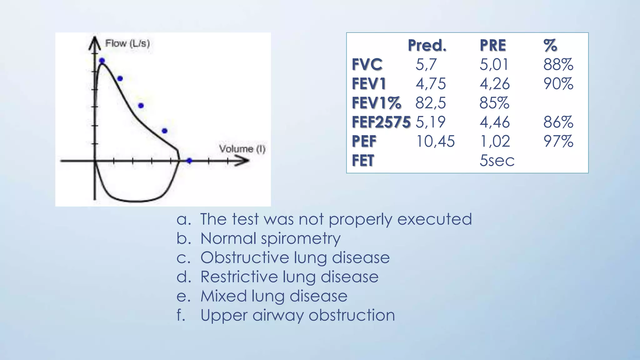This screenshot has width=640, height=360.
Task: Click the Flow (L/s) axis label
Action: [127, 43]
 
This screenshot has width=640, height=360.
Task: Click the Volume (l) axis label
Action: [242, 149]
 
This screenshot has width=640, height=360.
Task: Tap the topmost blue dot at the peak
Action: [102, 61]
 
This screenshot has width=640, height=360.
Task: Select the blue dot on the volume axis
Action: [189, 161]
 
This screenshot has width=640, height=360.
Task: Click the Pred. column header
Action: [427, 46]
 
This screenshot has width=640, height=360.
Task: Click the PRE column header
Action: [492, 46]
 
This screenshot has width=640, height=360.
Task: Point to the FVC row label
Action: [367, 65]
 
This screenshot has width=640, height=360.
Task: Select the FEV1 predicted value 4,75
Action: [430, 84]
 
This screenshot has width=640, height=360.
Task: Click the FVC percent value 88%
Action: [558, 65]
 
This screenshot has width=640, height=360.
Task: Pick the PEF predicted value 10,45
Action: [435, 141]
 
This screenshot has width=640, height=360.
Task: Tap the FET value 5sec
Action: [497, 161]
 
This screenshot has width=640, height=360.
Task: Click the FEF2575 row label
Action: [381, 122]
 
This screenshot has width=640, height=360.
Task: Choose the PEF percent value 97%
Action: [558, 141]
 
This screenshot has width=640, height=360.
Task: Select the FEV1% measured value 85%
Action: [494, 103]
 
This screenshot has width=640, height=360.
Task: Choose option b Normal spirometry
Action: [270, 238]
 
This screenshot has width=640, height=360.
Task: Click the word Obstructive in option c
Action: [245, 258]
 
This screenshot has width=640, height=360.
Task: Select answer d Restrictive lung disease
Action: [289, 277]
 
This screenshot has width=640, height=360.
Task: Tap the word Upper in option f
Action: [224, 315]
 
